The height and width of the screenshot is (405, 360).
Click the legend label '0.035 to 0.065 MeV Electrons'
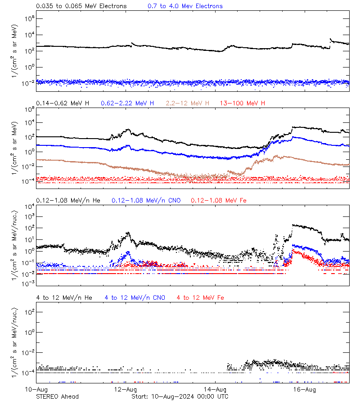[81, 6]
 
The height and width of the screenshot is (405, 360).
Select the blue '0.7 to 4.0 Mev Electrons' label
[185, 6]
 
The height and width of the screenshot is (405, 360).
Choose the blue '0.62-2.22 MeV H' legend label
[127, 103]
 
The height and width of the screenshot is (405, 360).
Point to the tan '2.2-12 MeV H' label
[188, 103]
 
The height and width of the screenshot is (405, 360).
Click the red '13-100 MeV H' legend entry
[243, 103]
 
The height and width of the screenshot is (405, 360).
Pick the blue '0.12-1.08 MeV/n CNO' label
[146, 200]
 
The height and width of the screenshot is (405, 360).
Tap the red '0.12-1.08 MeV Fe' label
[219, 200]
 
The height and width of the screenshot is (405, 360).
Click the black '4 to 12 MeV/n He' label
[64, 297]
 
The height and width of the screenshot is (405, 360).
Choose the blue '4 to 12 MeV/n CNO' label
[135, 297]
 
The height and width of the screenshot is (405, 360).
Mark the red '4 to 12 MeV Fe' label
[200, 297]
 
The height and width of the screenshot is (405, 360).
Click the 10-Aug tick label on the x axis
[36, 389]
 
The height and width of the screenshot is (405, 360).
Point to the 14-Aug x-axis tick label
[215, 389]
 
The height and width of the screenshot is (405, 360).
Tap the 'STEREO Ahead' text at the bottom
[57, 396]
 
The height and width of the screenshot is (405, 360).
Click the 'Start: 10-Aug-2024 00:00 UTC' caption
[180, 396]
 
